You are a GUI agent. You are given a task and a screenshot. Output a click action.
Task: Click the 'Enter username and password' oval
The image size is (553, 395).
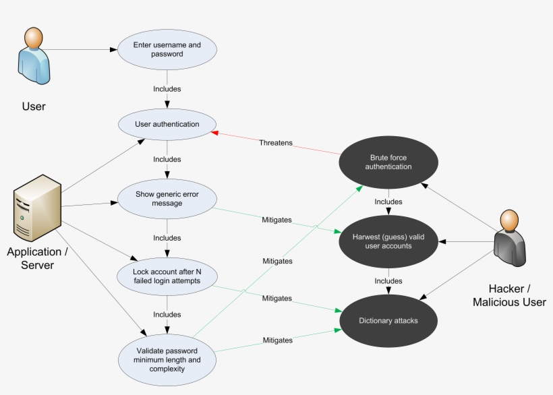[x=167, y=50]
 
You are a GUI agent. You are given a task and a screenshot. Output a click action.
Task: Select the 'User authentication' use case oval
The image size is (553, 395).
[x=167, y=124]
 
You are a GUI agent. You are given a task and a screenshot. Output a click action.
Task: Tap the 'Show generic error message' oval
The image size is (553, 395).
[x=167, y=199]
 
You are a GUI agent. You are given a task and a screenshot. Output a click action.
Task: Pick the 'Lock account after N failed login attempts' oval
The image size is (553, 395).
[x=167, y=276]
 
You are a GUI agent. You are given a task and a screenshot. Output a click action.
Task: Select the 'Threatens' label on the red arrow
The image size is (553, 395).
[x=276, y=143]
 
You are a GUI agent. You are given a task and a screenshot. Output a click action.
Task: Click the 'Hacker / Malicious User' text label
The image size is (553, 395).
[x=509, y=295]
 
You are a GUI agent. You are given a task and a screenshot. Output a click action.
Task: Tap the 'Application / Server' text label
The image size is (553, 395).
[x=37, y=258]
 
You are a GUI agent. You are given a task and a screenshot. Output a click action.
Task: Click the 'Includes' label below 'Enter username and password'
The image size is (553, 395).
[x=167, y=88]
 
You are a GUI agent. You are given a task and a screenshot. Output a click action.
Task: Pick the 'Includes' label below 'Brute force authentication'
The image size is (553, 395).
[x=388, y=202]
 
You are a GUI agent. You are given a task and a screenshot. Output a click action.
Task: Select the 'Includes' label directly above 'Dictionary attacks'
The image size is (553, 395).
[x=388, y=281]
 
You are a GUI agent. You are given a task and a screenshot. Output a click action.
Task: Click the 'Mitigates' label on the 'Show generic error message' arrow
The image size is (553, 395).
[x=276, y=220]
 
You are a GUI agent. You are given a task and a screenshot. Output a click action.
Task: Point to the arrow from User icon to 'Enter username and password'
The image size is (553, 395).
[x=81, y=50]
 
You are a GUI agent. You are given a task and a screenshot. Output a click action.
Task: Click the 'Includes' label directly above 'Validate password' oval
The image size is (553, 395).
[x=167, y=315]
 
